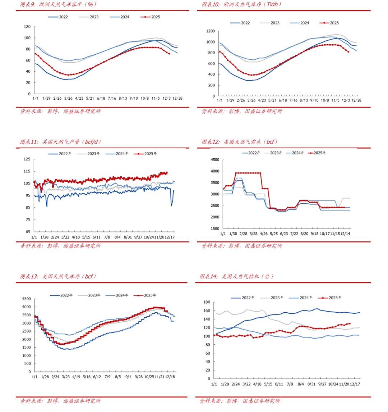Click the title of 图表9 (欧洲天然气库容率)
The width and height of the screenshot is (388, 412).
coord(59,5)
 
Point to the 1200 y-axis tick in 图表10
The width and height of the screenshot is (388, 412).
coord(210,31)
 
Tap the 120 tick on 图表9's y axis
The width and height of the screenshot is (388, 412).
coord(27,27)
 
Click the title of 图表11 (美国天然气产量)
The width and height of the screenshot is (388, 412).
coord(60,142)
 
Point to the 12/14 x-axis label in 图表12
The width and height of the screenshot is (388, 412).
coord(345,234)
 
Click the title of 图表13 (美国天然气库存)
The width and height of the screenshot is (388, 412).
coord(58,276)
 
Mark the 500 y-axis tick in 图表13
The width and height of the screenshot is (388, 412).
coord(27,364)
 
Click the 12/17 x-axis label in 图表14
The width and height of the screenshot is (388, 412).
coord(355,384)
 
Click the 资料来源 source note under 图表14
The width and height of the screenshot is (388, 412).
coord(240,400)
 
